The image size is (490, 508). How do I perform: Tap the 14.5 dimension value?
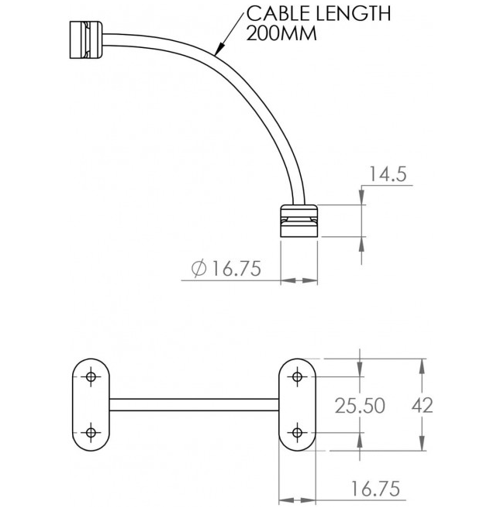[x=387, y=174]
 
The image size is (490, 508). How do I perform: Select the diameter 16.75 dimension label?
[x=225, y=268]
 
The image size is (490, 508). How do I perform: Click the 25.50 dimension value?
[x=359, y=405]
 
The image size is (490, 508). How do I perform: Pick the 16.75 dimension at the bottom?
[x=374, y=488]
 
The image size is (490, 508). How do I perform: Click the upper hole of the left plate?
[x=91, y=377]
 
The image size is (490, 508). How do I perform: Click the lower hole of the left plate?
[x=91, y=432]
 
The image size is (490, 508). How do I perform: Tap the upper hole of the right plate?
[x=297, y=377]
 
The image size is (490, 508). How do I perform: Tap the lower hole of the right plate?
[x=297, y=432]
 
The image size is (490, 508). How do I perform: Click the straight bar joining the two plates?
[x=194, y=404]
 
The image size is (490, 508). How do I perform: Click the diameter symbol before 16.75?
[x=198, y=268]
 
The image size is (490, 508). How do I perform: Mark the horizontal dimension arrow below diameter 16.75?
[x=298, y=280]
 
